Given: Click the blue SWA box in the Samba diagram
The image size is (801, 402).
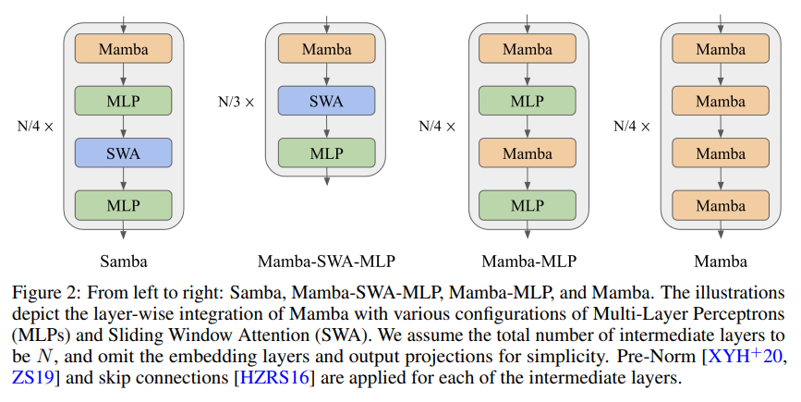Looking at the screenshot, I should coord(124,152).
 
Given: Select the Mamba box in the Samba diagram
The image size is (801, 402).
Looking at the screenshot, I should coord(124,48).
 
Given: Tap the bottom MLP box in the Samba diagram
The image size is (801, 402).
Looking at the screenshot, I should coord(124,204).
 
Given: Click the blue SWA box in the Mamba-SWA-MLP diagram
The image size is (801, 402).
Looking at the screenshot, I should coord(326,101).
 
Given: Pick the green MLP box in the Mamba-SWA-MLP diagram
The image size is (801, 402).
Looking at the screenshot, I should coord(326,152).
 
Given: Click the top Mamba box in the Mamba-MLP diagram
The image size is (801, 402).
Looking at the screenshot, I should coord(528,48).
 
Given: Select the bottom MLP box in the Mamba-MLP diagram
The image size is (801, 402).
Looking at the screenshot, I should coord(528,204).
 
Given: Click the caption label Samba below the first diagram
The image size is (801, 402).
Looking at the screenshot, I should coord(124,261).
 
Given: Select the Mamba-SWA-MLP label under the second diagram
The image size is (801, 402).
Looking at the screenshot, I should coord(326,261).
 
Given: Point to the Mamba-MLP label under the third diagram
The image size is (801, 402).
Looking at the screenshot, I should coord(528,261).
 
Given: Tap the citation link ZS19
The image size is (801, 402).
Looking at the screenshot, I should coord(30,378).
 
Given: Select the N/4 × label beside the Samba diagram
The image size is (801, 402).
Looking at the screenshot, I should coord(35,126).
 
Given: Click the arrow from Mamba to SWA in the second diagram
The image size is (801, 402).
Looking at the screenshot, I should coord(326,74).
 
